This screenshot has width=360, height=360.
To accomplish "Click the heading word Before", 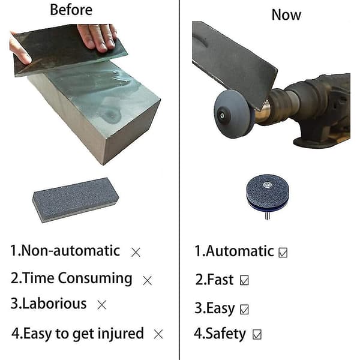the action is click(x=71, y=10).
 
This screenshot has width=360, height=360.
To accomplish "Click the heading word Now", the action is click(x=286, y=15).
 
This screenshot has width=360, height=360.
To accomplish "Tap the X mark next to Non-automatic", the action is click(x=136, y=253).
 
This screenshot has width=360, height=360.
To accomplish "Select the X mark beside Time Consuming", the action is click(x=147, y=280).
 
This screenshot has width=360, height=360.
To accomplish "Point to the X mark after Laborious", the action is click(x=101, y=305).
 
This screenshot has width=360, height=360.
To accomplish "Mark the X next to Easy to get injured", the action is click(x=158, y=334).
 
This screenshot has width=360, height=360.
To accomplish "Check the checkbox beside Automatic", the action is click(x=283, y=253).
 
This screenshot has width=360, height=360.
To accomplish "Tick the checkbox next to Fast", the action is click(x=244, y=280).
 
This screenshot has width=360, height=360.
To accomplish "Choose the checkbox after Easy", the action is click(x=244, y=309).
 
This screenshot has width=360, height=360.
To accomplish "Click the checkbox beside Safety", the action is click(x=257, y=334).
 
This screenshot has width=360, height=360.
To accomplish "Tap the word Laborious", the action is click(x=55, y=304).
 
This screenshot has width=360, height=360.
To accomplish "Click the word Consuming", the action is click(x=95, y=279).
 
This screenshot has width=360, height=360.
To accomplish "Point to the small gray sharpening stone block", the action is click(x=76, y=200).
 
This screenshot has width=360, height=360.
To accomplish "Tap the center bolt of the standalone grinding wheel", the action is click(x=267, y=184).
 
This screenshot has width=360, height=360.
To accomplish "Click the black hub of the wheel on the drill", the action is click(x=223, y=115).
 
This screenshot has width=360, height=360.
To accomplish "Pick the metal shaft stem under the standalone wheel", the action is click(x=267, y=216).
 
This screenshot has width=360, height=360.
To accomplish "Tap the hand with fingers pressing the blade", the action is click(x=98, y=37).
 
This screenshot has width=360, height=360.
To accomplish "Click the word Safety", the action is click(x=226, y=334).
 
